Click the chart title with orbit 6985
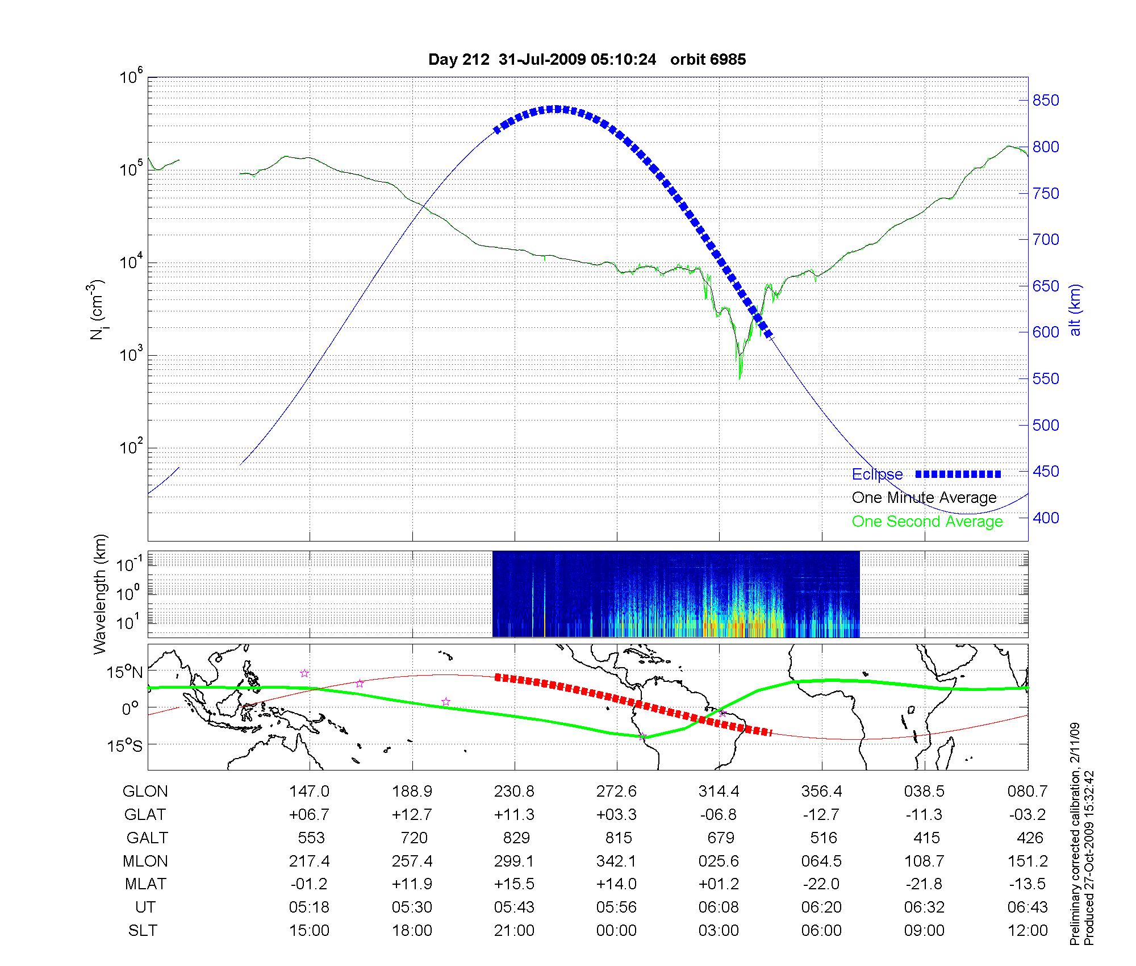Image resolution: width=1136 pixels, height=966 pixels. pyautogui.click(x=587, y=60)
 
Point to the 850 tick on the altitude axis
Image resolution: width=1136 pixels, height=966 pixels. pyautogui.click(x=1045, y=101)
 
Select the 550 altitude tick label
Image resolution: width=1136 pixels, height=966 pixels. pyautogui.click(x=1045, y=379)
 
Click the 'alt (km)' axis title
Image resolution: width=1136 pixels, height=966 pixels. pyautogui.click(x=1075, y=310)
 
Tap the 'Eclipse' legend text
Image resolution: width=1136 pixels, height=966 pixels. pyautogui.click(x=877, y=474)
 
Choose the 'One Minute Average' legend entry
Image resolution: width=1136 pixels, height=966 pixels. pyautogui.click(x=924, y=498)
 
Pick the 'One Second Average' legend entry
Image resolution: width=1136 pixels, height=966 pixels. pyautogui.click(x=927, y=522)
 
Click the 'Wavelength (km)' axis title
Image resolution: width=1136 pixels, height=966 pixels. pyautogui.click(x=100, y=594)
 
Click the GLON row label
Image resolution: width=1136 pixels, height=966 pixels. pyautogui.click(x=145, y=792)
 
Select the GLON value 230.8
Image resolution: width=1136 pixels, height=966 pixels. pyautogui.click(x=514, y=792)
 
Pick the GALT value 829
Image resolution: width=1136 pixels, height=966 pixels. pyautogui.click(x=516, y=838)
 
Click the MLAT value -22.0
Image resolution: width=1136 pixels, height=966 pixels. pyautogui.click(x=821, y=885)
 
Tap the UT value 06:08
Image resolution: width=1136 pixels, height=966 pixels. pyautogui.click(x=719, y=907)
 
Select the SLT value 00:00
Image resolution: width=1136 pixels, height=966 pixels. pyautogui.click(x=616, y=931)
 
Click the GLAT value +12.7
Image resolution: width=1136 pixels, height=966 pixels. pyautogui.click(x=412, y=815)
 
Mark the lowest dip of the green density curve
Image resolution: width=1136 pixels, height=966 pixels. pyautogui.click(x=740, y=378)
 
